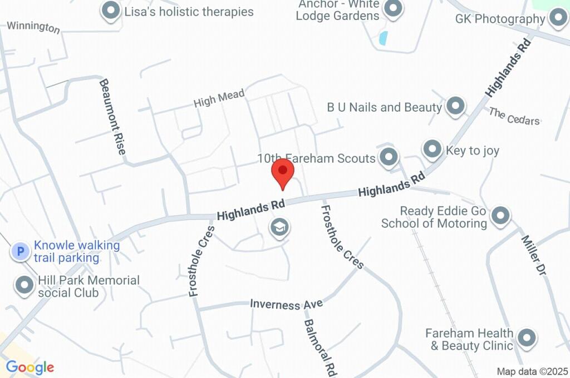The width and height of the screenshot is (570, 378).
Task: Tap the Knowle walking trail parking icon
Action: [x=21, y=252]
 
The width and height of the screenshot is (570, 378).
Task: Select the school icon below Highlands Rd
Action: [x=279, y=227]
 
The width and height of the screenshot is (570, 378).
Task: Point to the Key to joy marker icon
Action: [x=433, y=149]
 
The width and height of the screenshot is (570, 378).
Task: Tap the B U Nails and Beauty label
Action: [x=384, y=107]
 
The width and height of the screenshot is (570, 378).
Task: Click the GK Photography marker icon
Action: [x=557, y=19]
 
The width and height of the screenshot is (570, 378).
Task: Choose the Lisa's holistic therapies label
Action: [x=189, y=12]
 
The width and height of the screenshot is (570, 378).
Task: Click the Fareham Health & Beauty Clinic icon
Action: [x=526, y=337]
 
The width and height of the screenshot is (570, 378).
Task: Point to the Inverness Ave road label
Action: [x=286, y=304]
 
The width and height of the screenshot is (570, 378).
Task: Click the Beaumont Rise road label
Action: [x=113, y=116]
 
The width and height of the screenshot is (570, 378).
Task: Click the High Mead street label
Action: [x=219, y=99]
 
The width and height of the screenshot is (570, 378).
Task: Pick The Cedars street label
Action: [x=514, y=116]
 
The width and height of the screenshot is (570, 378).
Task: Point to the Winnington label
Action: [x=33, y=27]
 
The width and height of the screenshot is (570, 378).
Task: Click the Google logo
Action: [x=30, y=367]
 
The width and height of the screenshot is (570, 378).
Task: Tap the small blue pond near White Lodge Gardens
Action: [x=383, y=38]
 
